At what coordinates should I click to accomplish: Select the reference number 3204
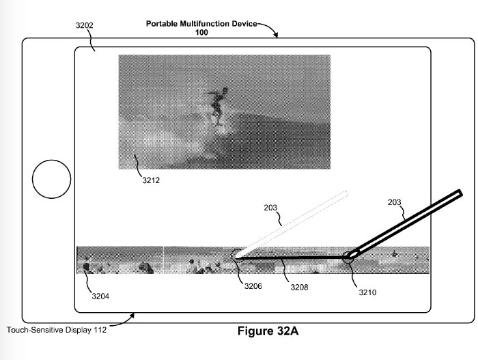100,296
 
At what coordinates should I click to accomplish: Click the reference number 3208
299,288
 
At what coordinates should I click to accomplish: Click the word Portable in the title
163,24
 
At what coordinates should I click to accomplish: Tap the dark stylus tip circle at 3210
349,257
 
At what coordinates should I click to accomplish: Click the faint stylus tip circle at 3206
238,256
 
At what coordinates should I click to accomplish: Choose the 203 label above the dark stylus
395,202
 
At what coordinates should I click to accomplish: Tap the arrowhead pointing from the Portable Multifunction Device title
277,36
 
